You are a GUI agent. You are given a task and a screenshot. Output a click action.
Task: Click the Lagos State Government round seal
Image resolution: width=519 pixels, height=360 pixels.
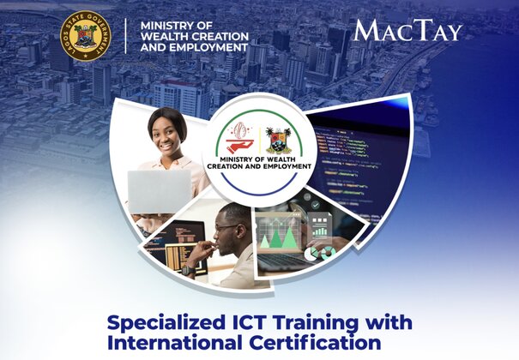(86, 36)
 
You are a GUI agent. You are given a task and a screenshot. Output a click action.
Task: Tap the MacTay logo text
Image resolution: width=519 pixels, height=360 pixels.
(407, 30)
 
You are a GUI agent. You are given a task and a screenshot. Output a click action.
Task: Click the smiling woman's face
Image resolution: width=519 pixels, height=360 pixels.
(166, 136)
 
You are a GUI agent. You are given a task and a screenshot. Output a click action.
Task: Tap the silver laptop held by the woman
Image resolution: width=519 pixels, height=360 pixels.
(160, 192)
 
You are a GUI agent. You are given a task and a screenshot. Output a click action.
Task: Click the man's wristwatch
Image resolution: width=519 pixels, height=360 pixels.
(189, 271)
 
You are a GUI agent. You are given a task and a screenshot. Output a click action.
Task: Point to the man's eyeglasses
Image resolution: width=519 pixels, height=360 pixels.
(227, 227)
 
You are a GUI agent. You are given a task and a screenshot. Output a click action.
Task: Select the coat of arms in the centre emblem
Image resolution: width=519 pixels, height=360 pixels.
(279, 141)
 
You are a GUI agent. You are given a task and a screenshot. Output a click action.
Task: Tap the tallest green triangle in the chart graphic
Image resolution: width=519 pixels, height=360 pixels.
(288, 237)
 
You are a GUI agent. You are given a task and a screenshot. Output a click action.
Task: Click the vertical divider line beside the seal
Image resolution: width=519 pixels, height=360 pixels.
(126, 36)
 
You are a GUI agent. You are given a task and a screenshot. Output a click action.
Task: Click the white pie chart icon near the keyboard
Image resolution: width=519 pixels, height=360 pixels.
(311, 254)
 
